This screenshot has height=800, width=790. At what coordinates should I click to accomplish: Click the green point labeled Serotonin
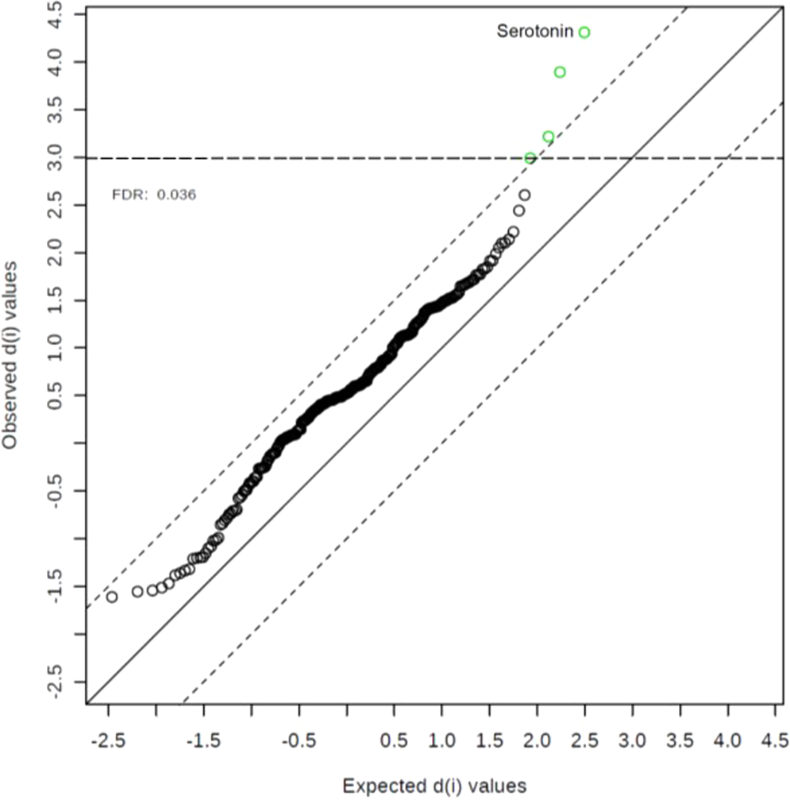(584, 33)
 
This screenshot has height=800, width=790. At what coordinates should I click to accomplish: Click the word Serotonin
(534, 32)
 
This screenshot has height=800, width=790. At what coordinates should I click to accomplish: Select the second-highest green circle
(560, 72)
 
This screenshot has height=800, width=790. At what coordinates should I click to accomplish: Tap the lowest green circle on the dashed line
(530, 159)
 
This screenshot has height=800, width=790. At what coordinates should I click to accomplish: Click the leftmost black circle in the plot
(112, 597)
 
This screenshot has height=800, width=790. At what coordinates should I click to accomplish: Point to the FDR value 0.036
(176, 194)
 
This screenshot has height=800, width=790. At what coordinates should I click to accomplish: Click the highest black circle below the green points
(524, 195)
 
